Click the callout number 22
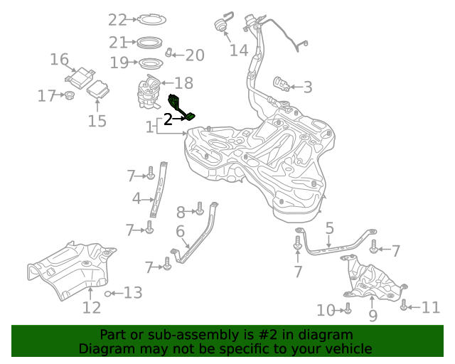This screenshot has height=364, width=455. (117, 19)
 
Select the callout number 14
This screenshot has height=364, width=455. (239, 50)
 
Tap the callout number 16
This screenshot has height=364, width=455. (59, 59)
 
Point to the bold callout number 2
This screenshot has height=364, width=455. (168, 119)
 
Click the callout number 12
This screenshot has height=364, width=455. (91, 307)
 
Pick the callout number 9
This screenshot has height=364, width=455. (373, 315)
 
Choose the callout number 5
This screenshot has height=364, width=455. (329, 228)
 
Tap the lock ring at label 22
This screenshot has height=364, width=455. (150, 19)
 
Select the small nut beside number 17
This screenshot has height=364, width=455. (70, 95)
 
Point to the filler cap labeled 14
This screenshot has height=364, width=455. (220, 26)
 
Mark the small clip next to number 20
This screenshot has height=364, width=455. (169, 53)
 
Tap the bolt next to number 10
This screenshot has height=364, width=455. (348, 309)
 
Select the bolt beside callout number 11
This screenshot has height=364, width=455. (404, 306)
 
